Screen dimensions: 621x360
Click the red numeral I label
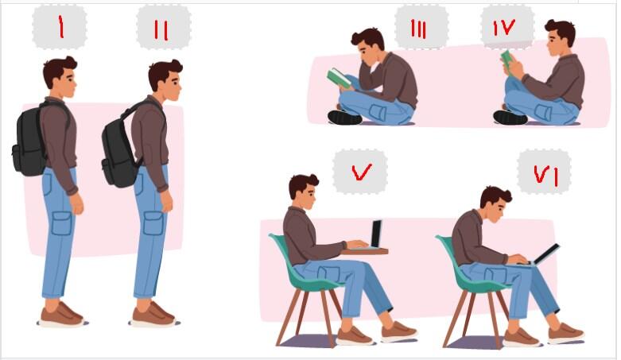pyautogui.click(x=60, y=27)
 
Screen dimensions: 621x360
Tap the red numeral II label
pyautogui.click(x=161, y=30)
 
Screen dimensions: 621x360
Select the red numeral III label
pyautogui.click(x=418, y=29)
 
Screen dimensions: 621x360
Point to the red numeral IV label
pyautogui.click(x=504, y=27)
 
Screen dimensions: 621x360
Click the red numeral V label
pyautogui.click(x=361, y=172)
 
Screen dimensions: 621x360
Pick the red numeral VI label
pyautogui.click(x=545, y=175)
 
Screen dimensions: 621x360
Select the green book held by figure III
pyautogui.click(x=338, y=78)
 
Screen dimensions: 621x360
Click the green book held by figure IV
pyautogui.click(x=508, y=61)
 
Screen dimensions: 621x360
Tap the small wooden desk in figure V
pyautogui.click(x=364, y=251)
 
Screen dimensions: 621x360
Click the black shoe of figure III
pyautogui.click(x=344, y=118)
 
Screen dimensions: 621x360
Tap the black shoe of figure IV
pyautogui.click(x=510, y=118)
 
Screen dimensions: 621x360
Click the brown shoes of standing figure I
pyautogui.click(x=61, y=315)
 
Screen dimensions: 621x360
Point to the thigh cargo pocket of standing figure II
pyautogui.click(x=153, y=224)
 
